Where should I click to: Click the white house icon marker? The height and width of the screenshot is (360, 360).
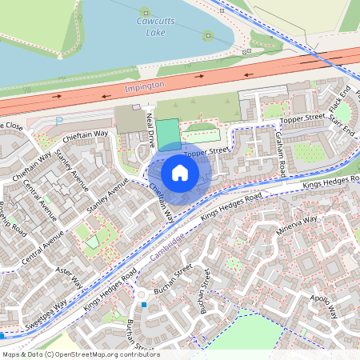(x=180, y=172)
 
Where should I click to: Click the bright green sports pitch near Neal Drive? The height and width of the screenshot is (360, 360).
(x=167, y=134)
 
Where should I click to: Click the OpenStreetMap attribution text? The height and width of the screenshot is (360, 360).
(x=80, y=354)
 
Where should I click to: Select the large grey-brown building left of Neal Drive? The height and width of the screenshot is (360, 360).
(x=130, y=120)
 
